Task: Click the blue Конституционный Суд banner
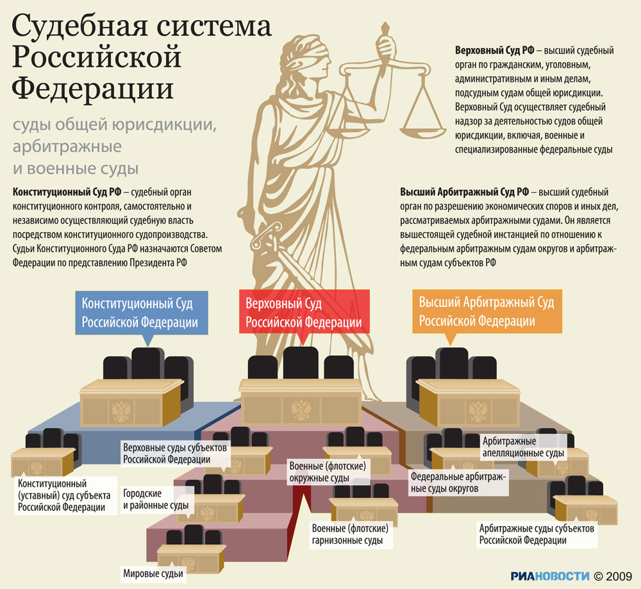(x=142, y=313)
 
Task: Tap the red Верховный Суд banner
(x=304, y=311)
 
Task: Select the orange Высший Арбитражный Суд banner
(x=487, y=311)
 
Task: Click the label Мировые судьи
(x=153, y=574)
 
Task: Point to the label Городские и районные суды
(x=156, y=499)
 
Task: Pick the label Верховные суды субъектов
(x=175, y=453)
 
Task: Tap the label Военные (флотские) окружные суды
(x=328, y=472)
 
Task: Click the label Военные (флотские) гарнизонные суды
(x=350, y=535)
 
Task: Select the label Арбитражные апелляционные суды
(x=523, y=447)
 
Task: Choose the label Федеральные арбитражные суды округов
(x=458, y=483)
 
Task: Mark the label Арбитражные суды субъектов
(x=537, y=535)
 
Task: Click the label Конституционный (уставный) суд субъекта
(x=64, y=495)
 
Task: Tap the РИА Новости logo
(x=550, y=576)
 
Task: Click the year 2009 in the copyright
(x=619, y=576)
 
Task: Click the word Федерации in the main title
(x=93, y=89)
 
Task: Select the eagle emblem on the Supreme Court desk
(x=301, y=410)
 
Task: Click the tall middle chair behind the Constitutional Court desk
(x=148, y=363)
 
